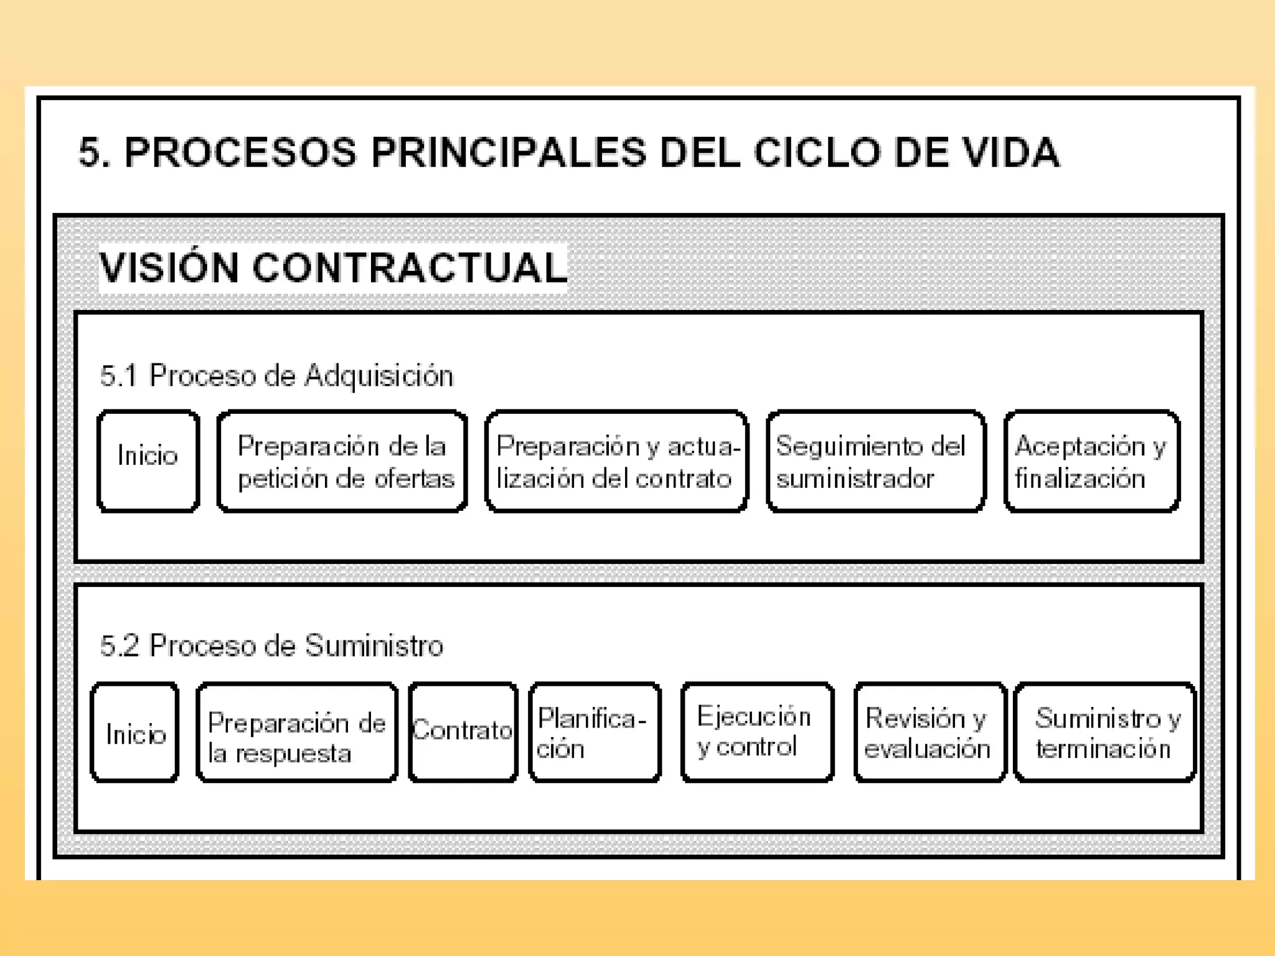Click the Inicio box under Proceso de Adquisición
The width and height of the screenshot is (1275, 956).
[148, 461]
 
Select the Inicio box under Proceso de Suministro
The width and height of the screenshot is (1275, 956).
[135, 732]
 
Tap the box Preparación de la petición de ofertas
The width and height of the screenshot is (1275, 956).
[342, 461]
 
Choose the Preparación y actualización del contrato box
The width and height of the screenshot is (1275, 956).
[616, 461]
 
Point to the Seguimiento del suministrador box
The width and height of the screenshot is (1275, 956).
[876, 461]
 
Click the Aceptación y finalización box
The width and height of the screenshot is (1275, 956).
[1092, 461]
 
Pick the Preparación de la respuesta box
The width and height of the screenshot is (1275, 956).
[297, 732]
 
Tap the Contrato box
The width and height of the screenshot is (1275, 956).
[463, 732]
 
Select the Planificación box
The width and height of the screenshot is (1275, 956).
[595, 732]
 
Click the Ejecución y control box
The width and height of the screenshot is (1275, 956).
[757, 732]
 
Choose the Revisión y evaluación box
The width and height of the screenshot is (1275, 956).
[930, 732]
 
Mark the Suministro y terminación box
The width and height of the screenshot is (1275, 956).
[1104, 732]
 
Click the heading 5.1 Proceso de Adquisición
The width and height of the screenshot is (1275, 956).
[276, 376]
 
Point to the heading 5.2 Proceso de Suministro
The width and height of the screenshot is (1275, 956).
[271, 645]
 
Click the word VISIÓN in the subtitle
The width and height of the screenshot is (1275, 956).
[169, 268]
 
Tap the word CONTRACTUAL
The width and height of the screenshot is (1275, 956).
[410, 268]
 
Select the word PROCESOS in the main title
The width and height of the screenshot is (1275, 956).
[241, 152]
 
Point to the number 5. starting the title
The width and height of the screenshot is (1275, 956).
[94, 152]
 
